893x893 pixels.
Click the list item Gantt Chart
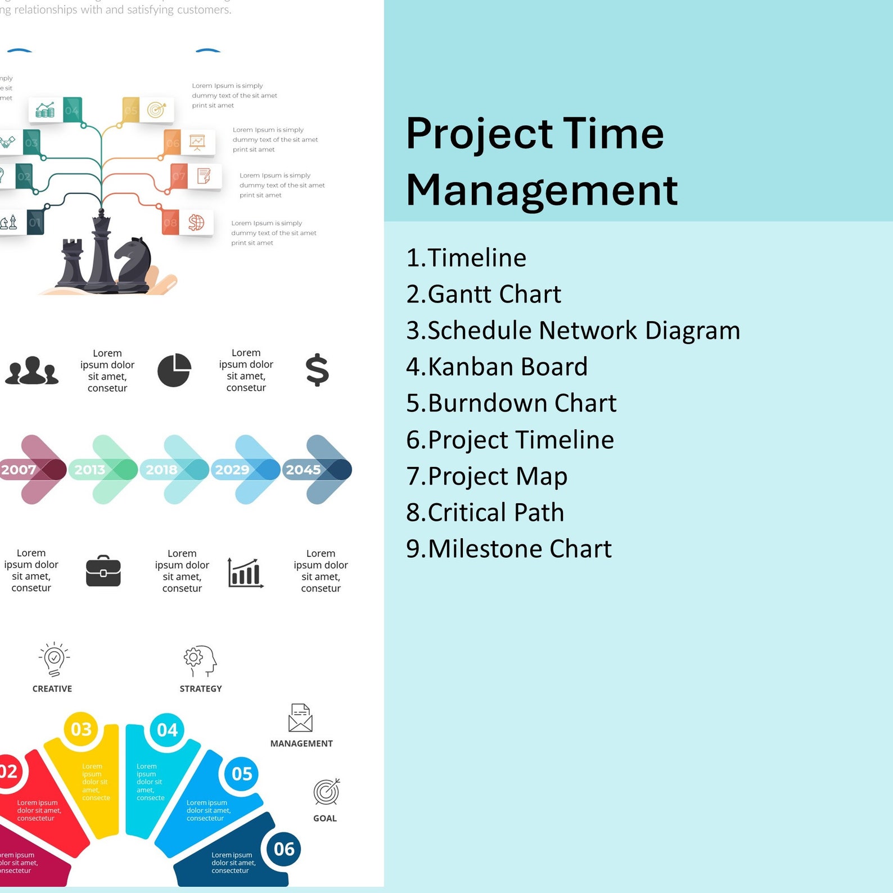(484, 294)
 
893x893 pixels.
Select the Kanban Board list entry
(497, 367)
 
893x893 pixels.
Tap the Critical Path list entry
(485, 512)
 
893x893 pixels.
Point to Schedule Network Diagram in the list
(573, 330)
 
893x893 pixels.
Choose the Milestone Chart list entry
(508, 549)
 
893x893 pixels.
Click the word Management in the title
(542, 190)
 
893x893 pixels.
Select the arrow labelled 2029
(247, 470)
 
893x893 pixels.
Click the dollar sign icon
(317, 370)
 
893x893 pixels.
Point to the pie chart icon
(174, 370)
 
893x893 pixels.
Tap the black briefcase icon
(103, 571)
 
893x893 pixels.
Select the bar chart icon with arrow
(245, 572)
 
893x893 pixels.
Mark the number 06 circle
(284, 849)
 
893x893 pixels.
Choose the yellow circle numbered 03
(81, 729)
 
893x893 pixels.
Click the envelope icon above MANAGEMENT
(300, 718)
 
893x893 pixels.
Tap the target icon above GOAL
(326, 792)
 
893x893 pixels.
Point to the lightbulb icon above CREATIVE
(54, 659)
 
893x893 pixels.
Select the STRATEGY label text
(201, 689)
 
